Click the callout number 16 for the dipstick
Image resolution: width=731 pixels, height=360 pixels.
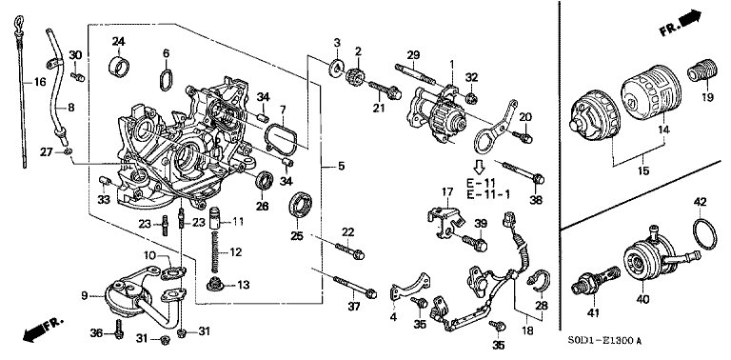pos(40,83)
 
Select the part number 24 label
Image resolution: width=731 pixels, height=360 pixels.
pos(119,41)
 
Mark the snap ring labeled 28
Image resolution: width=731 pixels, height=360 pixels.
pos(540,280)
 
